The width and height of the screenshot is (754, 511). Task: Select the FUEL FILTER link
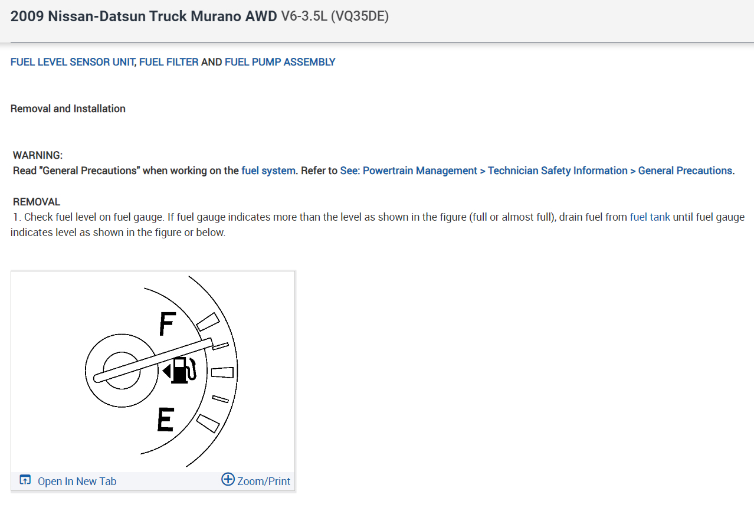(169, 62)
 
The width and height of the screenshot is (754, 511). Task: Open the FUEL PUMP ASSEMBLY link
(280, 62)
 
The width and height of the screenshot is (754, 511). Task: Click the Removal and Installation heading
(68, 109)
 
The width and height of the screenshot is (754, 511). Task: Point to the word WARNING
(38, 155)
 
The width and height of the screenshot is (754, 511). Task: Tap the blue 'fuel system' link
(268, 171)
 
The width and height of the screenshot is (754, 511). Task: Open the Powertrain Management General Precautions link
(537, 171)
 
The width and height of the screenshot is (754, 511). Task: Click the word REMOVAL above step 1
(37, 202)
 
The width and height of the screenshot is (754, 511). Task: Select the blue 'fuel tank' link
(650, 217)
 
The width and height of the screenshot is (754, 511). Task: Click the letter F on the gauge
(168, 324)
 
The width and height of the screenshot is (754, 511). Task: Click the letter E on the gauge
(165, 420)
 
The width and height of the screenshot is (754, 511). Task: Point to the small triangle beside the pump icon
(166, 371)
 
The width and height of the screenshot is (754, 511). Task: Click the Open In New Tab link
(77, 481)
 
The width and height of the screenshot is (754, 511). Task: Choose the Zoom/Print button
(263, 481)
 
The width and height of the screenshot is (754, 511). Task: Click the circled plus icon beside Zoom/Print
(228, 479)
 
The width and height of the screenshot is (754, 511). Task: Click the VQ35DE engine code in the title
(360, 17)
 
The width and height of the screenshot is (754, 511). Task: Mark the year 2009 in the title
(27, 17)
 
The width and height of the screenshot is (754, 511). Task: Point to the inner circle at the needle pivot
(123, 370)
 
